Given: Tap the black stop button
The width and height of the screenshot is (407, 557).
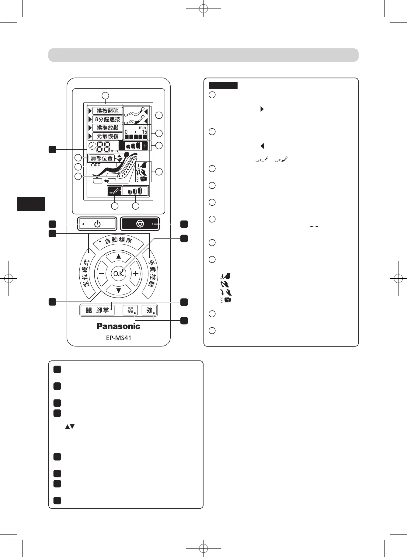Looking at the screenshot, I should (x=140, y=224).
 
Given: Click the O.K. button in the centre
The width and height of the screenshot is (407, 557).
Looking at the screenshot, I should (x=119, y=273).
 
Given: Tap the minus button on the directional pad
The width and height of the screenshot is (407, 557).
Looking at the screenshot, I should (x=101, y=273).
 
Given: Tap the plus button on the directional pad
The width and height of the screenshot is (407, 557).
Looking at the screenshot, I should (x=136, y=273).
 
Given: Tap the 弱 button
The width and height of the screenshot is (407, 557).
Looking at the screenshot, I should (x=130, y=310).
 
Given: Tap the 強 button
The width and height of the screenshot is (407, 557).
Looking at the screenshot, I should (x=149, y=310).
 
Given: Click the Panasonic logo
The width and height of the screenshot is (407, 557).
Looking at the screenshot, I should (x=118, y=326).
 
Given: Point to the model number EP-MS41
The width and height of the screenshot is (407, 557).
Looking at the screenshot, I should (x=118, y=338).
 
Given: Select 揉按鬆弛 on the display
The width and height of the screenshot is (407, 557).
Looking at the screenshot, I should (x=107, y=111).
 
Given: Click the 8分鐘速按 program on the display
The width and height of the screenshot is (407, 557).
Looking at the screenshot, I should (x=107, y=119).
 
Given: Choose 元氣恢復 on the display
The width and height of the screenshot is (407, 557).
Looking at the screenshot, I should (x=107, y=136).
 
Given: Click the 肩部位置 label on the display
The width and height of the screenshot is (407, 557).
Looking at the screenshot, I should (x=102, y=158).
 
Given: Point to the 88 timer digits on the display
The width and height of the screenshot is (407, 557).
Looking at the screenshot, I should (x=103, y=148).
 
